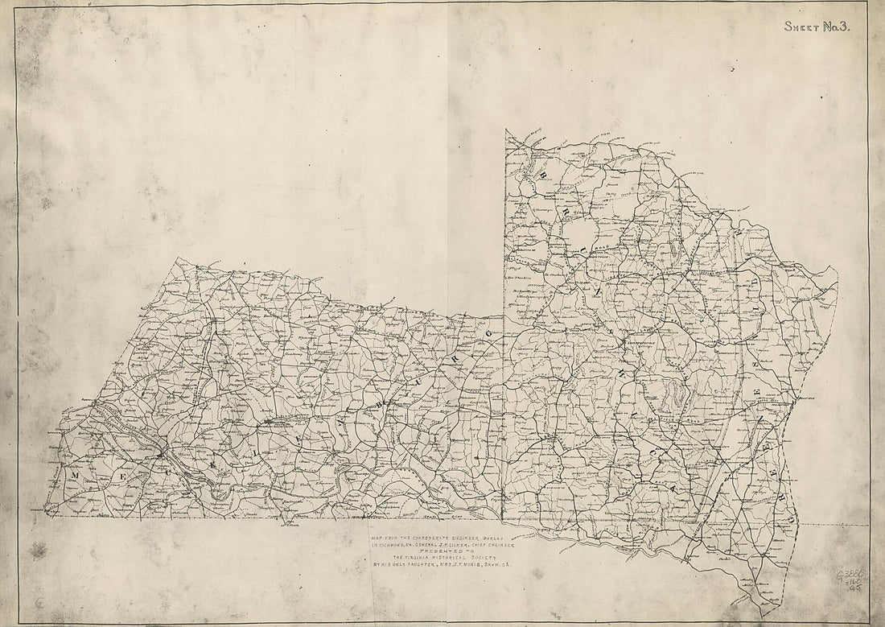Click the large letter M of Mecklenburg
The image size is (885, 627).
75,476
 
